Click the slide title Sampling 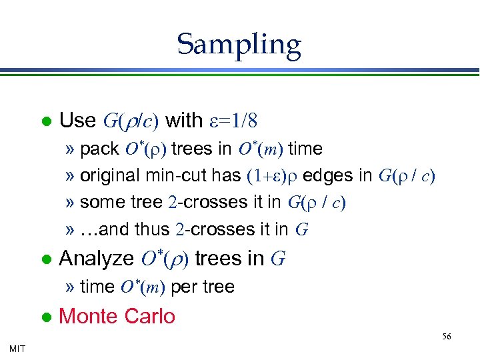[239, 45]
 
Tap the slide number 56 [446, 337]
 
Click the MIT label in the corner [18, 348]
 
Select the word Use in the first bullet [78, 121]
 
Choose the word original [110, 175]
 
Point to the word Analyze [96, 258]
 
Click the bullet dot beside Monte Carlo [46, 317]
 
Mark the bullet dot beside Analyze [46, 259]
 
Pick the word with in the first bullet [184, 121]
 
